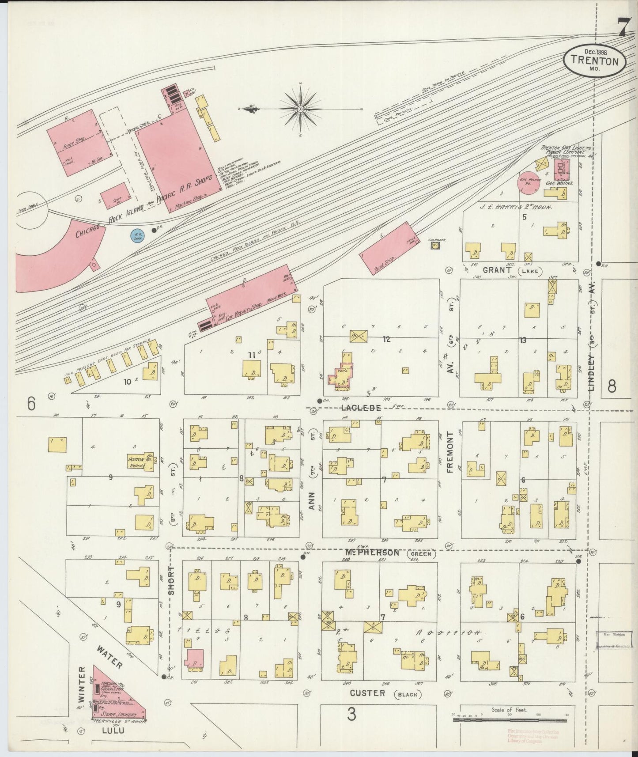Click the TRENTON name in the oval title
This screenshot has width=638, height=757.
click(x=594, y=61)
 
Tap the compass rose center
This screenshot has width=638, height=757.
click(x=300, y=108)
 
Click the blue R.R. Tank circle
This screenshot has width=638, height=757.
click(x=138, y=235)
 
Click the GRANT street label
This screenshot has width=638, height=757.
click(x=497, y=270)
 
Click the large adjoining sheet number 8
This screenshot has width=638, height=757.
click(x=612, y=386)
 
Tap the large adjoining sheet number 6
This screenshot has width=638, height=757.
click(x=30, y=404)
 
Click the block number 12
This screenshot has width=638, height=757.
click(x=386, y=339)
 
